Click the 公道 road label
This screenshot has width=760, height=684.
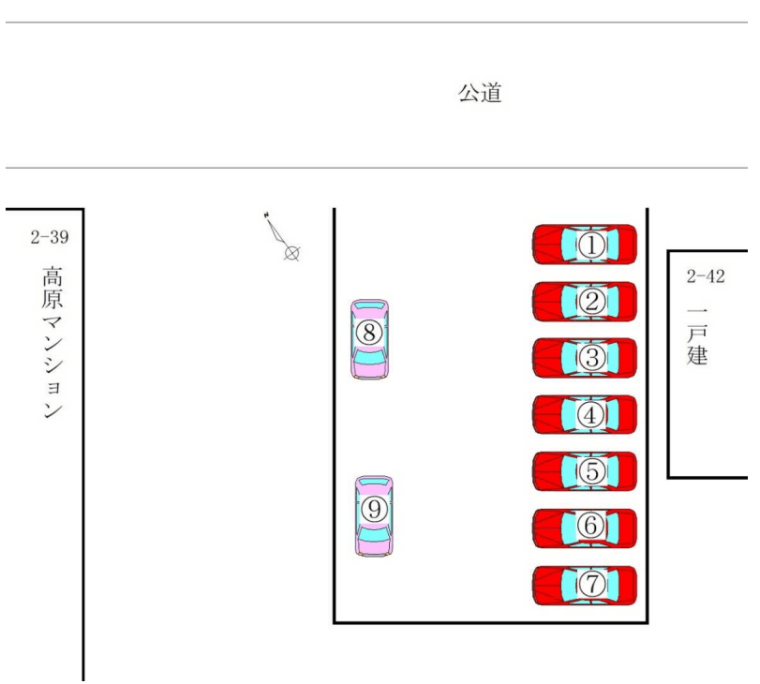click(480, 93)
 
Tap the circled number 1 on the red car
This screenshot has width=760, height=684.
click(591, 245)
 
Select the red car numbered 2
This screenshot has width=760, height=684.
click(585, 302)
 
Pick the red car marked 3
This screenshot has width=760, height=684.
click(585, 358)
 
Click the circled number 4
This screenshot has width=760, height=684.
click(591, 415)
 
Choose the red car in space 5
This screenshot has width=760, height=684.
click(585, 471)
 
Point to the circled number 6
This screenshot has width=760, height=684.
click(591, 528)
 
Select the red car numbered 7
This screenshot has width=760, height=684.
click(585, 585)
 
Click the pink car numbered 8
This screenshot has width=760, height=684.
click(370, 338)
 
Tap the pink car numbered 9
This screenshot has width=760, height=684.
click(374, 516)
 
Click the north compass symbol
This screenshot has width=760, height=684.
click(283, 237)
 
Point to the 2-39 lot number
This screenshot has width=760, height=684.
click(49, 238)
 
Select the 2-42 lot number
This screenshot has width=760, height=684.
click(706, 276)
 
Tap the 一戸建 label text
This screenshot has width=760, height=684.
click(697, 335)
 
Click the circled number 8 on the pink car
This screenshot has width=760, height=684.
click(370, 332)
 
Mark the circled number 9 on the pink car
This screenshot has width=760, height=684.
click(374, 509)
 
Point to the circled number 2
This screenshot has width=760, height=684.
click(591, 302)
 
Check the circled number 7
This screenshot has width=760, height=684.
click(591, 585)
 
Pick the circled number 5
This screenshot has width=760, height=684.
click(591, 471)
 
